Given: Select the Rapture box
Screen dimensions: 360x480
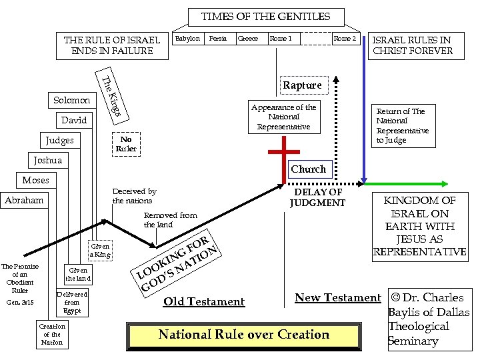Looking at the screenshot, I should (302, 85).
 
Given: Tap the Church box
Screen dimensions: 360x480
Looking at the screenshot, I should (308, 169).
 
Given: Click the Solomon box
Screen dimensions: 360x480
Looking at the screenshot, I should (71, 101).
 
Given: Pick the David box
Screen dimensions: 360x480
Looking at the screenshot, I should (73, 121).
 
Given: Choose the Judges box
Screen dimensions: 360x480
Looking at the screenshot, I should (60, 141).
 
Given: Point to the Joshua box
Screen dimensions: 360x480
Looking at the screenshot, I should (47, 161).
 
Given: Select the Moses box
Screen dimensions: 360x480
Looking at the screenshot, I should (35, 181).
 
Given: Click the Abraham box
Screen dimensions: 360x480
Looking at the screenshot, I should (24, 201).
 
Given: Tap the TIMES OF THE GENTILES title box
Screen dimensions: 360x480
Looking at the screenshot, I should (265, 16).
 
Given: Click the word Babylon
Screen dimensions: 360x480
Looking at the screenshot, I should (187, 39).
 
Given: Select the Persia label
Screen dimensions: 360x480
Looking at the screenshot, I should (218, 39).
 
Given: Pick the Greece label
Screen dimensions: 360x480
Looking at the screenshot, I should (248, 39).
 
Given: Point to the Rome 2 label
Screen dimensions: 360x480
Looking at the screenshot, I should (345, 39).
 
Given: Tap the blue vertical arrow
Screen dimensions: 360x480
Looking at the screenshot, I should (364, 107).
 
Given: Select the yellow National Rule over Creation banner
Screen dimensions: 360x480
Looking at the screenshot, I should (243, 335).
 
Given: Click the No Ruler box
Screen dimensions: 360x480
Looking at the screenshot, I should (126, 144).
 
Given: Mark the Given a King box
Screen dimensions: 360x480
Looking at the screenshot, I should (100, 251).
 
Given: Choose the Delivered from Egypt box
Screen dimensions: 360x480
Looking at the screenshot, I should (71, 302).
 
